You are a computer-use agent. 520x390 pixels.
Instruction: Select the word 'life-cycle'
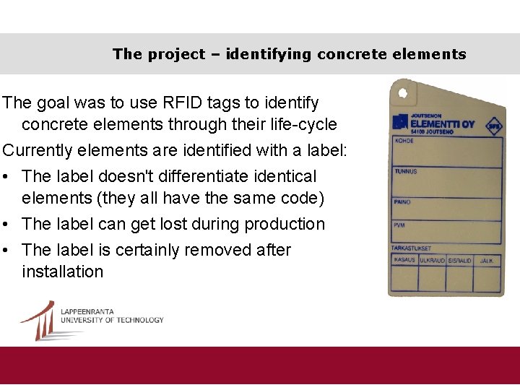[301, 124]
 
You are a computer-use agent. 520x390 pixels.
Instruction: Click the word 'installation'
[63, 272]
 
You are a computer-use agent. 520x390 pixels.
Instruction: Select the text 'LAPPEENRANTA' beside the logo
[87, 311]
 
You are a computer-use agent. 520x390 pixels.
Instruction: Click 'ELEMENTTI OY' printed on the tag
[442, 124]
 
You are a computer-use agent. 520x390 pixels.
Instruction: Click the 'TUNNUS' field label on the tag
[405, 171]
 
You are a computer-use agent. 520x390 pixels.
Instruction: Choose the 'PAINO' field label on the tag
[402, 201]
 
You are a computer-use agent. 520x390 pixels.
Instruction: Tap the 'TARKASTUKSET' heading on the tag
[411, 248]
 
